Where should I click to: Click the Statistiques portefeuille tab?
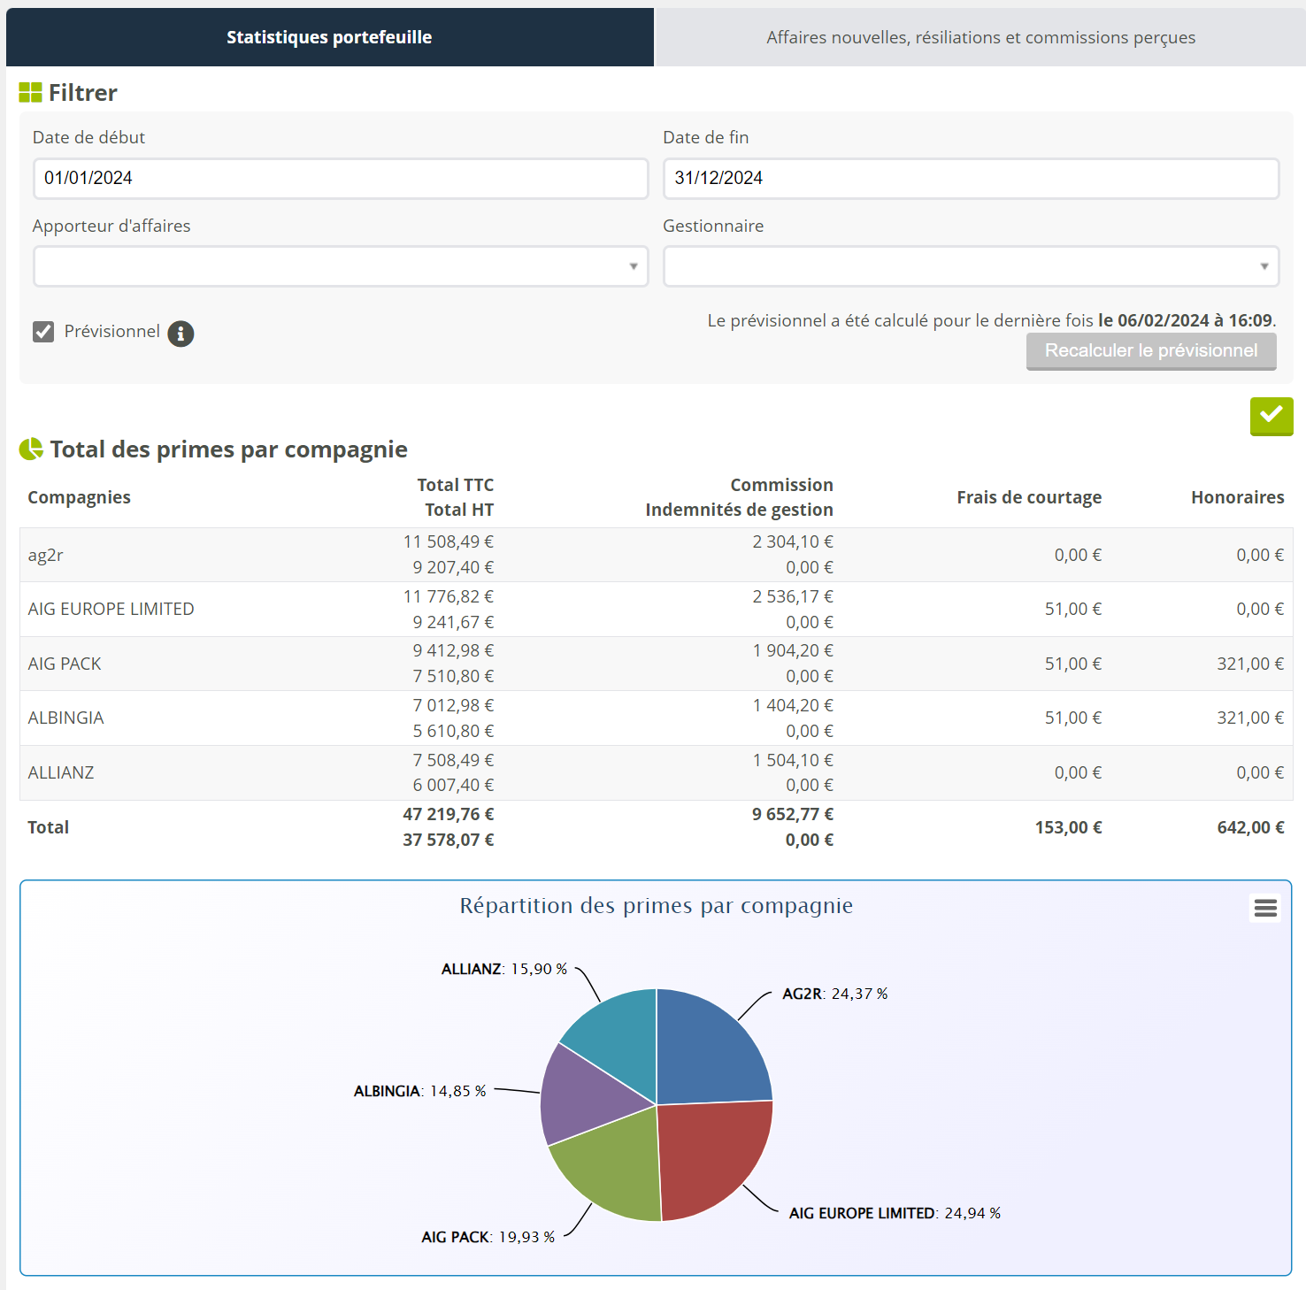pyautogui.click(x=329, y=37)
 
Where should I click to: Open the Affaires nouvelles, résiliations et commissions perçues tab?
pyautogui.click(x=980, y=37)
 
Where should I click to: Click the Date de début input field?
pyautogui.click(x=341, y=178)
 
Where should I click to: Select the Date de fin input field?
pyautogui.click(x=971, y=178)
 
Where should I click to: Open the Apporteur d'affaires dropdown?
pyautogui.click(x=341, y=266)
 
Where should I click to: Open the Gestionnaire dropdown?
pyautogui.click(x=971, y=266)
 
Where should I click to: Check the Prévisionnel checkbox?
pyautogui.click(x=43, y=332)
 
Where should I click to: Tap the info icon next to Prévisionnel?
pyautogui.click(x=181, y=334)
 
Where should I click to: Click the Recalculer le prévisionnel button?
pyautogui.click(x=1150, y=350)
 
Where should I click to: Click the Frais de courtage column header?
pyautogui.click(x=1028, y=497)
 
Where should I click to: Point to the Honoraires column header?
pyautogui.click(x=1237, y=497)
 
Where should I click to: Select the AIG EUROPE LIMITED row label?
pyautogui.click(x=111, y=609)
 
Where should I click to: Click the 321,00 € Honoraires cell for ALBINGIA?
pyautogui.click(x=1249, y=718)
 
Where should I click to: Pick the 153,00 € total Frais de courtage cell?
pyautogui.click(x=1068, y=827)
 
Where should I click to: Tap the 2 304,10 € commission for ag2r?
pyautogui.click(x=793, y=541)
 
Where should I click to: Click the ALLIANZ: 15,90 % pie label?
pyautogui.click(x=503, y=969)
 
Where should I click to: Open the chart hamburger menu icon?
pyautogui.click(x=1265, y=908)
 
